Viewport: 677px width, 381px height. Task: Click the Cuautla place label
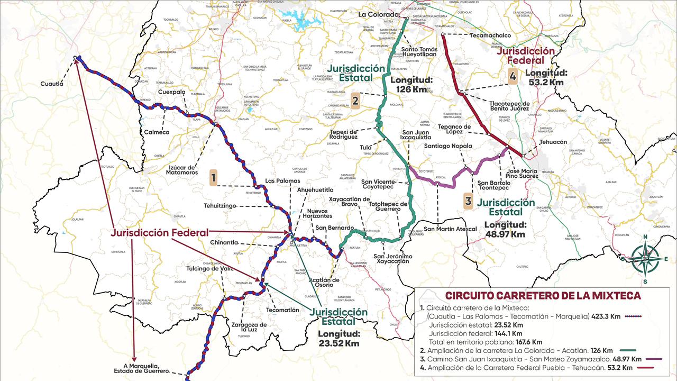click(52, 84)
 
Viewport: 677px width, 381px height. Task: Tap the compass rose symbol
click(646, 258)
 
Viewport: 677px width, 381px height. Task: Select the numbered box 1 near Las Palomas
click(213, 178)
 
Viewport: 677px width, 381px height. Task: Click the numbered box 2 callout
click(355, 101)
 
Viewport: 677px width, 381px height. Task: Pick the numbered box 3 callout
click(468, 201)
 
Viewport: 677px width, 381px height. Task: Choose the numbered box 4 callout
click(512, 76)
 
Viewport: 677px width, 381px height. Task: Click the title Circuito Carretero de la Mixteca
click(543, 296)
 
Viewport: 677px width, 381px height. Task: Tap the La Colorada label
click(378, 14)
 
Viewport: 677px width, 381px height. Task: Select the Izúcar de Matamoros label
click(181, 169)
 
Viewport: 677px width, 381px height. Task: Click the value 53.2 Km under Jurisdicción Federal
click(546, 82)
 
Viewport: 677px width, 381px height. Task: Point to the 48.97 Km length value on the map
click(505, 234)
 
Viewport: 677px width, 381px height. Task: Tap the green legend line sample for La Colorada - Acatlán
click(627, 350)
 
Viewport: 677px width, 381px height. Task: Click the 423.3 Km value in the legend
click(607, 316)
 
